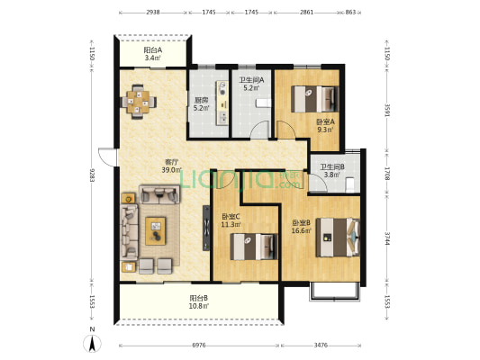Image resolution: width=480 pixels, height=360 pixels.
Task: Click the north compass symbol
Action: coord(93,343)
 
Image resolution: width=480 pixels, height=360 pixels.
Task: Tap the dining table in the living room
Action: coord(139,102)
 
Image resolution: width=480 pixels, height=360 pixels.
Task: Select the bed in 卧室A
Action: coord(314,99)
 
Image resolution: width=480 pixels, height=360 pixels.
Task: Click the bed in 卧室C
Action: coord(254,247)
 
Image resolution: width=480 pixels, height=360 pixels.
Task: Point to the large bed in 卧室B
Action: coord(338,237)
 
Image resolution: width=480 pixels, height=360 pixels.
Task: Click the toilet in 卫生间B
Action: coord(349,185)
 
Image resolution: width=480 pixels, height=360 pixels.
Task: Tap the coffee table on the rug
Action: coord(156,231)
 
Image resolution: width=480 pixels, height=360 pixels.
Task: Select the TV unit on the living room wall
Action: coord(206,228)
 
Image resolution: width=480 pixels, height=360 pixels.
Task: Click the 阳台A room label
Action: coord(153,50)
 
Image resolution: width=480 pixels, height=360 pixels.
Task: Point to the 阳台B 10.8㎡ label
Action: coord(199,301)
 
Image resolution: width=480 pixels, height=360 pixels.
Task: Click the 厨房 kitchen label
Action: coord(202,100)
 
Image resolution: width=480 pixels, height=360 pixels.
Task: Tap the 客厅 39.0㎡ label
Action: coord(172,166)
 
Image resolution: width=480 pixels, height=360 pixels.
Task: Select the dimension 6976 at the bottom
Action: coord(199,346)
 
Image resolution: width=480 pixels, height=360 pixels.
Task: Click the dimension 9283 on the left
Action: coord(92,175)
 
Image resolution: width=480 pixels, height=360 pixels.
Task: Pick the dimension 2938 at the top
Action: coord(153,13)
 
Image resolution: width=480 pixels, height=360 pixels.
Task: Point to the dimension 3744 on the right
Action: coord(387,238)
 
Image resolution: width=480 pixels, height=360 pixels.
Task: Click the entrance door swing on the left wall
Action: coord(107,157)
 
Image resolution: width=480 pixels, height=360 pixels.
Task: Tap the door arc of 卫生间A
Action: coord(259,130)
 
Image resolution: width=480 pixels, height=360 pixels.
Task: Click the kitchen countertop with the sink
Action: coord(222,103)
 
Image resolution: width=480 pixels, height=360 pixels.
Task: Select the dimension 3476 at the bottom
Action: coord(321,346)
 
